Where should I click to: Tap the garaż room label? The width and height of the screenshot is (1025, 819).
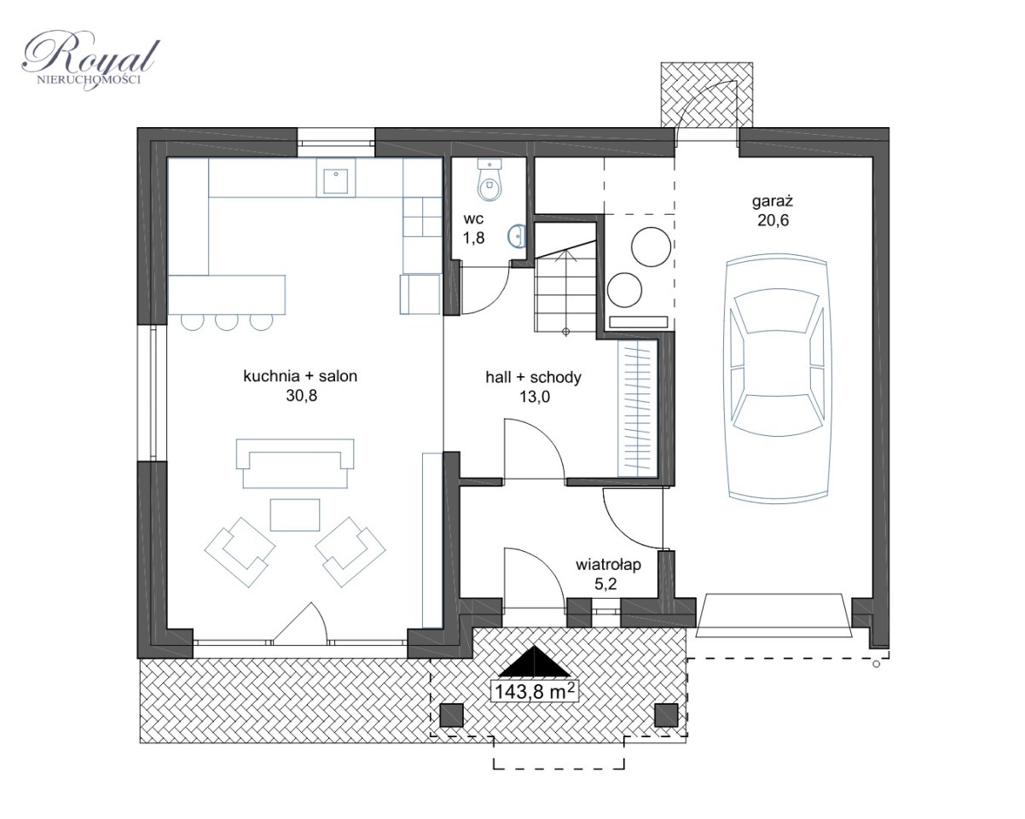773,202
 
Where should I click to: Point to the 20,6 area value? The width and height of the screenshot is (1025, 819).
773,220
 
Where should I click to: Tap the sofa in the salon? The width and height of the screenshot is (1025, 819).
295,463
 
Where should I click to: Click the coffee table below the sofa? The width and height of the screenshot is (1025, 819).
295,515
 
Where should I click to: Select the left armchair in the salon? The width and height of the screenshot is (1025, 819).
240,552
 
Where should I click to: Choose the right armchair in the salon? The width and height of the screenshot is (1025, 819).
350,552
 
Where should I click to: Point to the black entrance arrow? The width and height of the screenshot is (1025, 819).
535,661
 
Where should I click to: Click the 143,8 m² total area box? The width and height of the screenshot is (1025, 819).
535,691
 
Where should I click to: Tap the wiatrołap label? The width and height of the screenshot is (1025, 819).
608,565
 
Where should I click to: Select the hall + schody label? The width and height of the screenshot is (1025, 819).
534,377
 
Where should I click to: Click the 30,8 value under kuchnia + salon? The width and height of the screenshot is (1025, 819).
302,396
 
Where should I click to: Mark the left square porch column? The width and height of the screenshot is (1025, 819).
451,715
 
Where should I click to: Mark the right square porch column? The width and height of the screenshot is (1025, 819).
666,715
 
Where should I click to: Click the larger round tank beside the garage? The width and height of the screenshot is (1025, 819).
651,247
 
